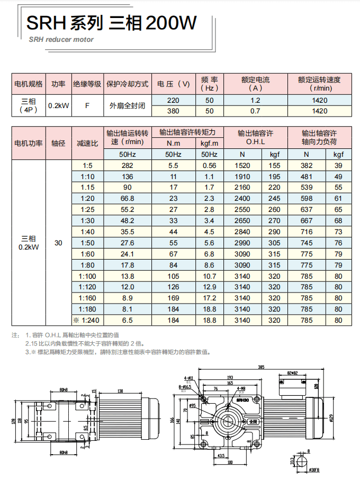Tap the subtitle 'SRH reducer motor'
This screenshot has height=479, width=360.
(x=61, y=39)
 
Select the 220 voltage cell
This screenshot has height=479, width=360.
(x=173, y=101)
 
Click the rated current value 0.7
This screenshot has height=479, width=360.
(x=255, y=111)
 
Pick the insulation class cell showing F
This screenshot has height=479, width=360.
(x=87, y=106)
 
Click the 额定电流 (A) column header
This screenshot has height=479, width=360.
(x=255, y=84)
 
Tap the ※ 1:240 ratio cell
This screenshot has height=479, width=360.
(x=86, y=320)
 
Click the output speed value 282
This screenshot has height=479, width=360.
(x=127, y=165)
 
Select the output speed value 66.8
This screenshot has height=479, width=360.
(x=127, y=199)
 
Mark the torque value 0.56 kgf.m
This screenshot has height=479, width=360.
(x=210, y=165)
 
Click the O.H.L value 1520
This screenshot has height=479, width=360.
(x=242, y=165)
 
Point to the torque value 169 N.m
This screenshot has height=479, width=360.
(x=173, y=298)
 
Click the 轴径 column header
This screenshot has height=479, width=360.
(x=58, y=143)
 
